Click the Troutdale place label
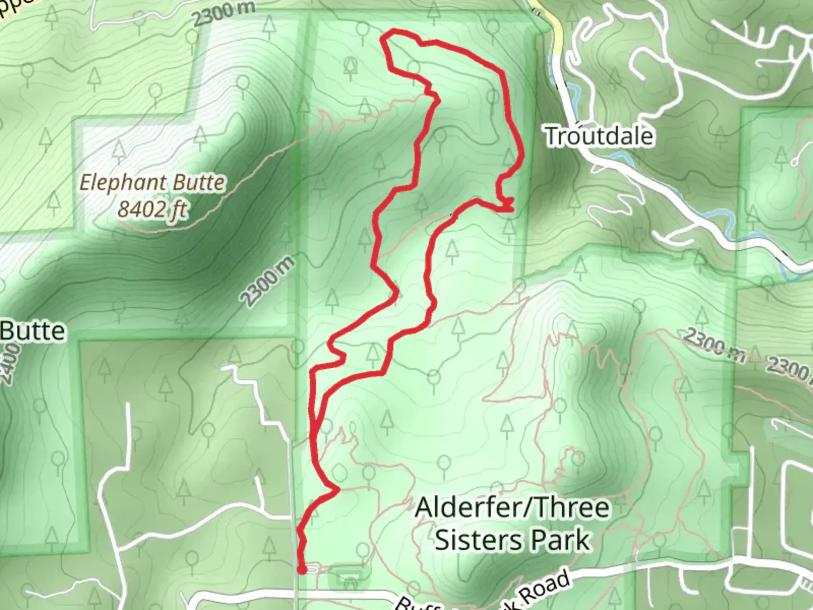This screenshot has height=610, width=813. click(599, 136)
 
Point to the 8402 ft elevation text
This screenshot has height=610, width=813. click(152, 210)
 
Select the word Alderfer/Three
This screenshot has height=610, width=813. click(512, 508)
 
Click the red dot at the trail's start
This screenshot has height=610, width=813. click(301, 569)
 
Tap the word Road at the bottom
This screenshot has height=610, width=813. click(545, 588)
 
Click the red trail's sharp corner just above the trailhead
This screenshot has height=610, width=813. click(337, 490)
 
